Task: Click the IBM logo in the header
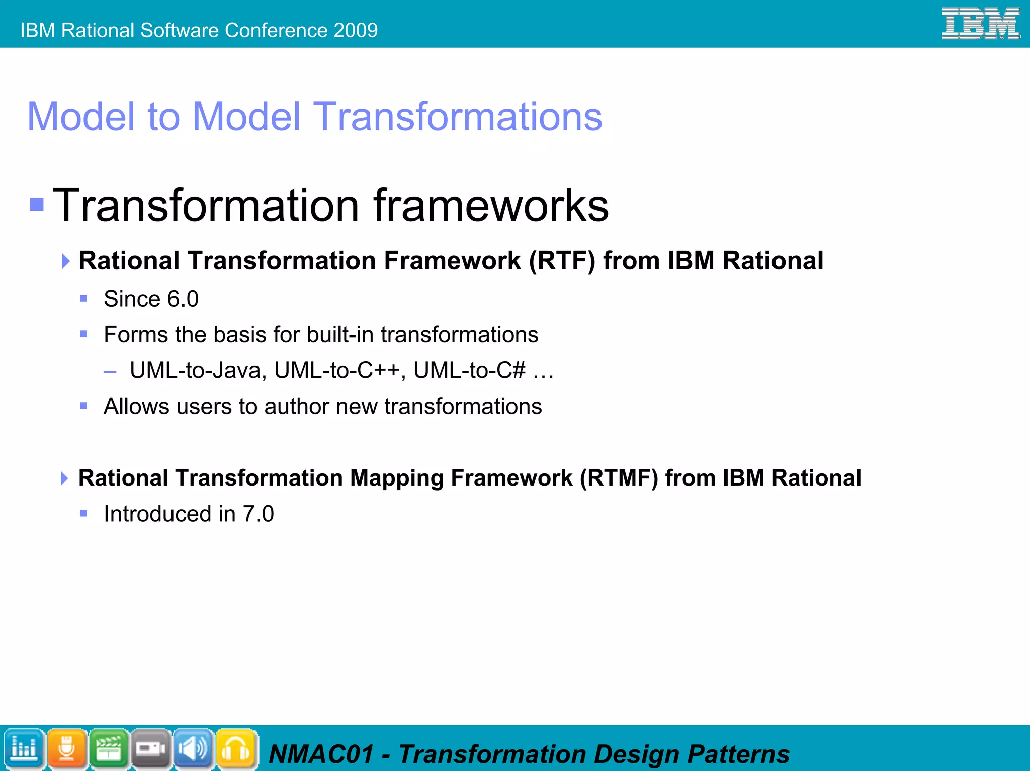coord(980,24)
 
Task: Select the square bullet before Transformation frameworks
coord(37,205)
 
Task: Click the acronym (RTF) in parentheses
coord(562,261)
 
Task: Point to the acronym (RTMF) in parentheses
coord(619,478)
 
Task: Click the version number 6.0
coord(183,299)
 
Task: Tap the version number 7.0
coord(258,514)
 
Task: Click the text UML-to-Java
coord(195,371)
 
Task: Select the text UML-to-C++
coord(336,371)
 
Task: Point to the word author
coord(295,407)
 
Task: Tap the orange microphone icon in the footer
coord(67,749)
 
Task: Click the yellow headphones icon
coord(236,749)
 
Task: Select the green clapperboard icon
coord(109,749)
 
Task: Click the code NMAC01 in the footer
coord(321,754)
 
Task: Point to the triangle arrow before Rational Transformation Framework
coord(65,261)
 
